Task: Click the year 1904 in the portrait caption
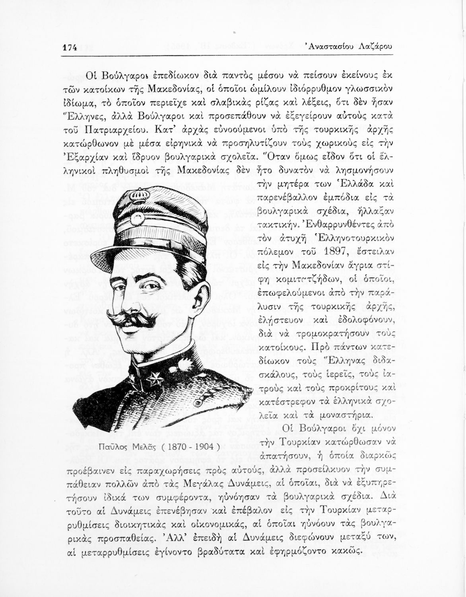[x=200, y=446]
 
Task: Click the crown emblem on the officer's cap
[x=141, y=196]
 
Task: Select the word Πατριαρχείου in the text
[x=111, y=130]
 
